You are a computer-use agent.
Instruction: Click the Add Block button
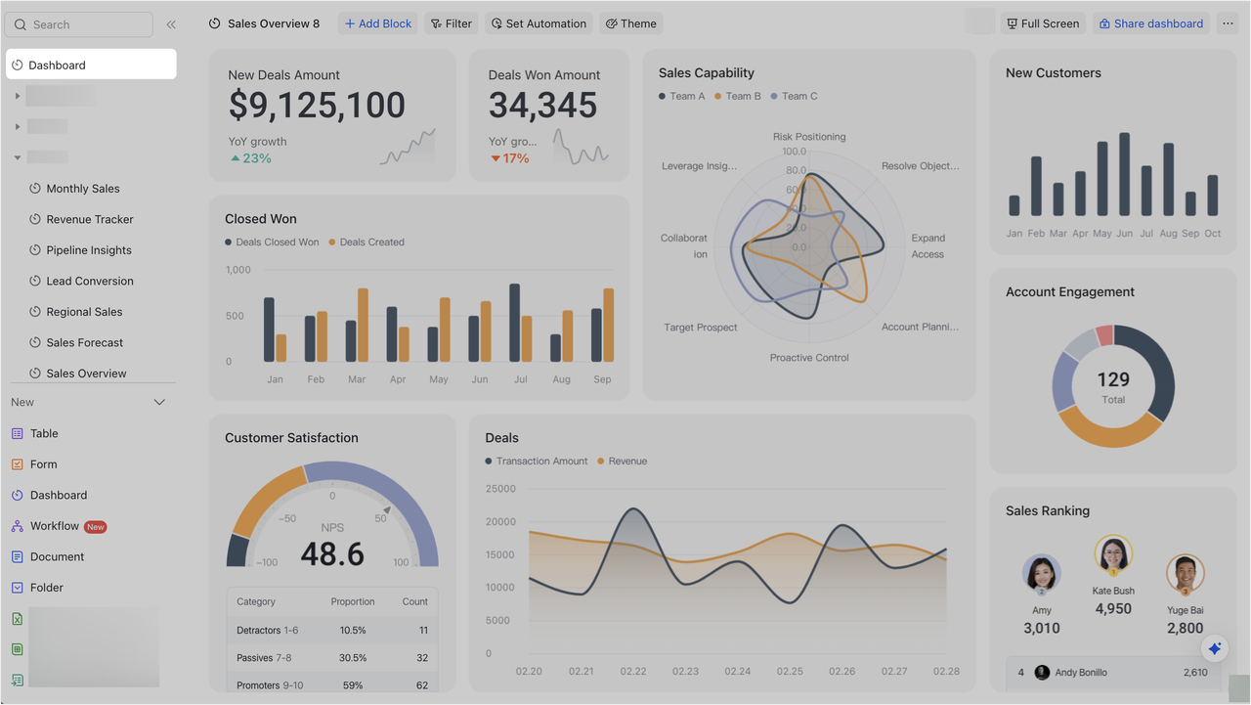pyautogui.click(x=378, y=23)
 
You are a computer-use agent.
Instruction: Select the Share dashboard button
pyautogui.click(x=1150, y=23)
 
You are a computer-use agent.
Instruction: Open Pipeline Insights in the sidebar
pyautogui.click(x=88, y=250)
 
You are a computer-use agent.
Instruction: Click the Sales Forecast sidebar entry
pyautogui.click(x=86, y=342)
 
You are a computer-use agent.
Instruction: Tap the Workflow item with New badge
pyautogui.click(x=55, y=526)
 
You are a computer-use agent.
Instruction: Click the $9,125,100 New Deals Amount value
pyautogui.click(x=317, y=106)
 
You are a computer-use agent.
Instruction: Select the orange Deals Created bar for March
pyautogui.click(x=363, y=325)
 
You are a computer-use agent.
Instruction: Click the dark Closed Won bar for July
pyautogui.click(x=515, y=323)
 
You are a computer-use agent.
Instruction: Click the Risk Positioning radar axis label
pyautogui.click(x=809, y=137)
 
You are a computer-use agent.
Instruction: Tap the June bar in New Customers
pyautogui.click(x=1124, y=174)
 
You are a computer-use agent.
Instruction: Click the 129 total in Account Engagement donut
pyautogui.click(x=1113, y=379)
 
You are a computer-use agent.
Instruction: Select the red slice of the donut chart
pyautogui.click(x=1105, y=335)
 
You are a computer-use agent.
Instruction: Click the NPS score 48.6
pyautogui.click(x=332, y=554)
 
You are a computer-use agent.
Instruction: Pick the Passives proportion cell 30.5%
pyautogui.click(x=353, y=658)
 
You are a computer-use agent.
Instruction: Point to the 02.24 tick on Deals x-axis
pyautogui.click(x=738, y=672)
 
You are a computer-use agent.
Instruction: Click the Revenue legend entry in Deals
pyautogui.click(x=623, y=461)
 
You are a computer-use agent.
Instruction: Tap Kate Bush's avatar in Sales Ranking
pyautogui.click(x=1113, y=554)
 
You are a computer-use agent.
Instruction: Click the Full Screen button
pyautogui.click(x=1042, y=23)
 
